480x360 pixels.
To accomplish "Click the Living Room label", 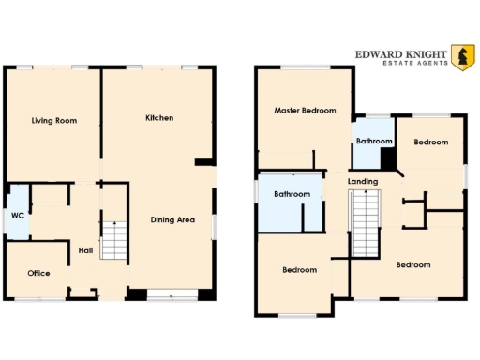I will [x=53, y=121].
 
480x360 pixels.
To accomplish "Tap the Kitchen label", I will [x=159, y=118].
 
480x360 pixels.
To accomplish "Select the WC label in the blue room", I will [x=17, y=215].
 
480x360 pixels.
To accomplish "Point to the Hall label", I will [x=85, y=250].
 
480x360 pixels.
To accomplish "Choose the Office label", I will [x=38, y=273].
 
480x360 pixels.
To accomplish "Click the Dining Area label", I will [x=172, y=220].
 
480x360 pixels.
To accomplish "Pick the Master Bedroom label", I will [x=305, y=111].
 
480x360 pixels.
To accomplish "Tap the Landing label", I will [x=362, y=181].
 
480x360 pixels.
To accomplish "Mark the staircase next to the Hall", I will [x=112, y=239].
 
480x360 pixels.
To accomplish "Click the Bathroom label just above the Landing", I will [x=373, y=142].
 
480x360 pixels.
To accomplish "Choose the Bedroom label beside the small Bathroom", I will [x=431, y=142].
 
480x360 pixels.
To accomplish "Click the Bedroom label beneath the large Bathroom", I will [x=300, y=270].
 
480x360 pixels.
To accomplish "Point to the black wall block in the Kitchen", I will [x=203, y=163].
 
